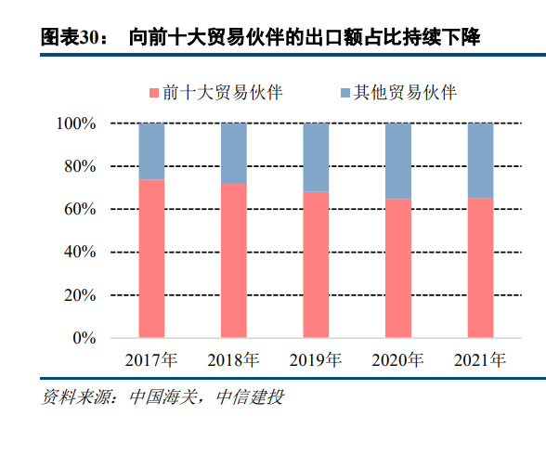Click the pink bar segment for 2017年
[x=151, y=258]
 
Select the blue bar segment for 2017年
[x=151, y=150]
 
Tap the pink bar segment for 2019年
[x=316, y=265]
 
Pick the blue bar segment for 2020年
[x=398, y=160]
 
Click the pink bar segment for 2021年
[x=480, y=267]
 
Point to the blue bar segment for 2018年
[x=234, y=152]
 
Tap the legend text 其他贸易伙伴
[x=405, y=93]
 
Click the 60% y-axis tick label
[x=81, y=210]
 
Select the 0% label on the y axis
[x=85, y=338]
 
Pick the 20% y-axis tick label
[x=81, y=295]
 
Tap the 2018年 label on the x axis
[x=234, y=360]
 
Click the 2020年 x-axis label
[x=398, y=360]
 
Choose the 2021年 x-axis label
[x=480, y=360]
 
